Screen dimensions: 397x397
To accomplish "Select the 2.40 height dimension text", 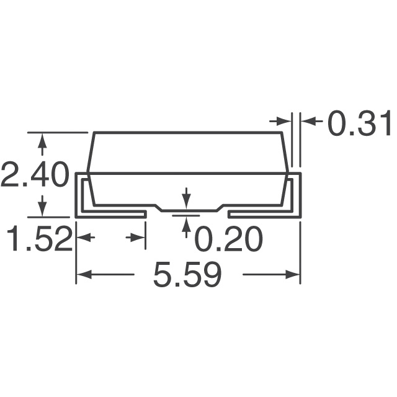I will coord(34,175).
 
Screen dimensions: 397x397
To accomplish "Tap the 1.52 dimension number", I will coord(38,239).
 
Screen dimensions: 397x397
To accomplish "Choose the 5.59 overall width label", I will coord(187,274).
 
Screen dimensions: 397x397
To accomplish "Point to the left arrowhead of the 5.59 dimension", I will coord(83,274).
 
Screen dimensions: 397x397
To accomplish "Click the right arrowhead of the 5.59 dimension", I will coord(293,274).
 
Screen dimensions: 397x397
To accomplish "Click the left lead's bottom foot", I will coord(112,213).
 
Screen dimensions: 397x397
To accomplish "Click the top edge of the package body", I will coord(186,132).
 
